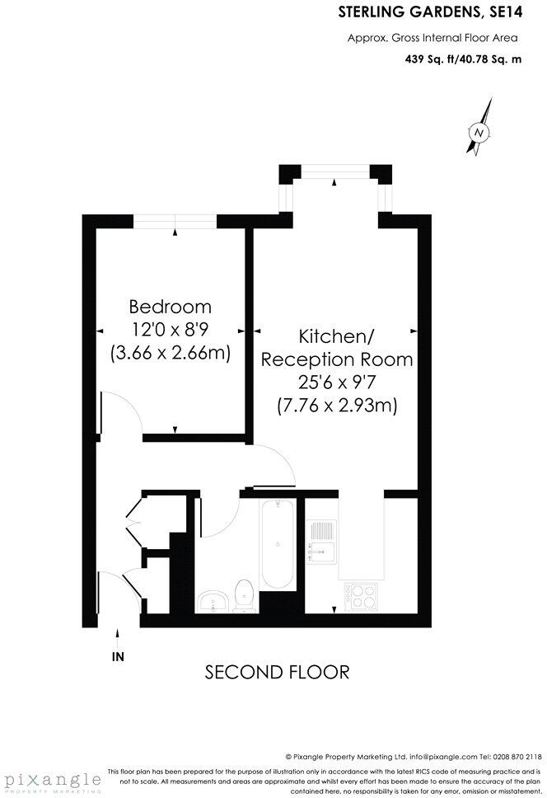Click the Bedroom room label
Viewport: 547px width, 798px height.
click(x=171, y=307)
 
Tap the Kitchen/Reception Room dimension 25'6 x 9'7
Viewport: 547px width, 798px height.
click(x=336, y=383)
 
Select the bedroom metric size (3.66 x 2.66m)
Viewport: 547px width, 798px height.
click(x=171, y=353)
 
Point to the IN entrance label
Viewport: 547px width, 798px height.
click(x=118, y=657)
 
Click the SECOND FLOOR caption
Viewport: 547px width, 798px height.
click(x=277, y=672)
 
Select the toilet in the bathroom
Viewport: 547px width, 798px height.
click(x=244, y=595)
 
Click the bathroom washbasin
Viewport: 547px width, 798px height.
click(x=215, y=599)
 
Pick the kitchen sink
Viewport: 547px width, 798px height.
click(x=321, y=541)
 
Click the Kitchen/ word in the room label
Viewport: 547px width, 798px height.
click(x=336, y=336)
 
